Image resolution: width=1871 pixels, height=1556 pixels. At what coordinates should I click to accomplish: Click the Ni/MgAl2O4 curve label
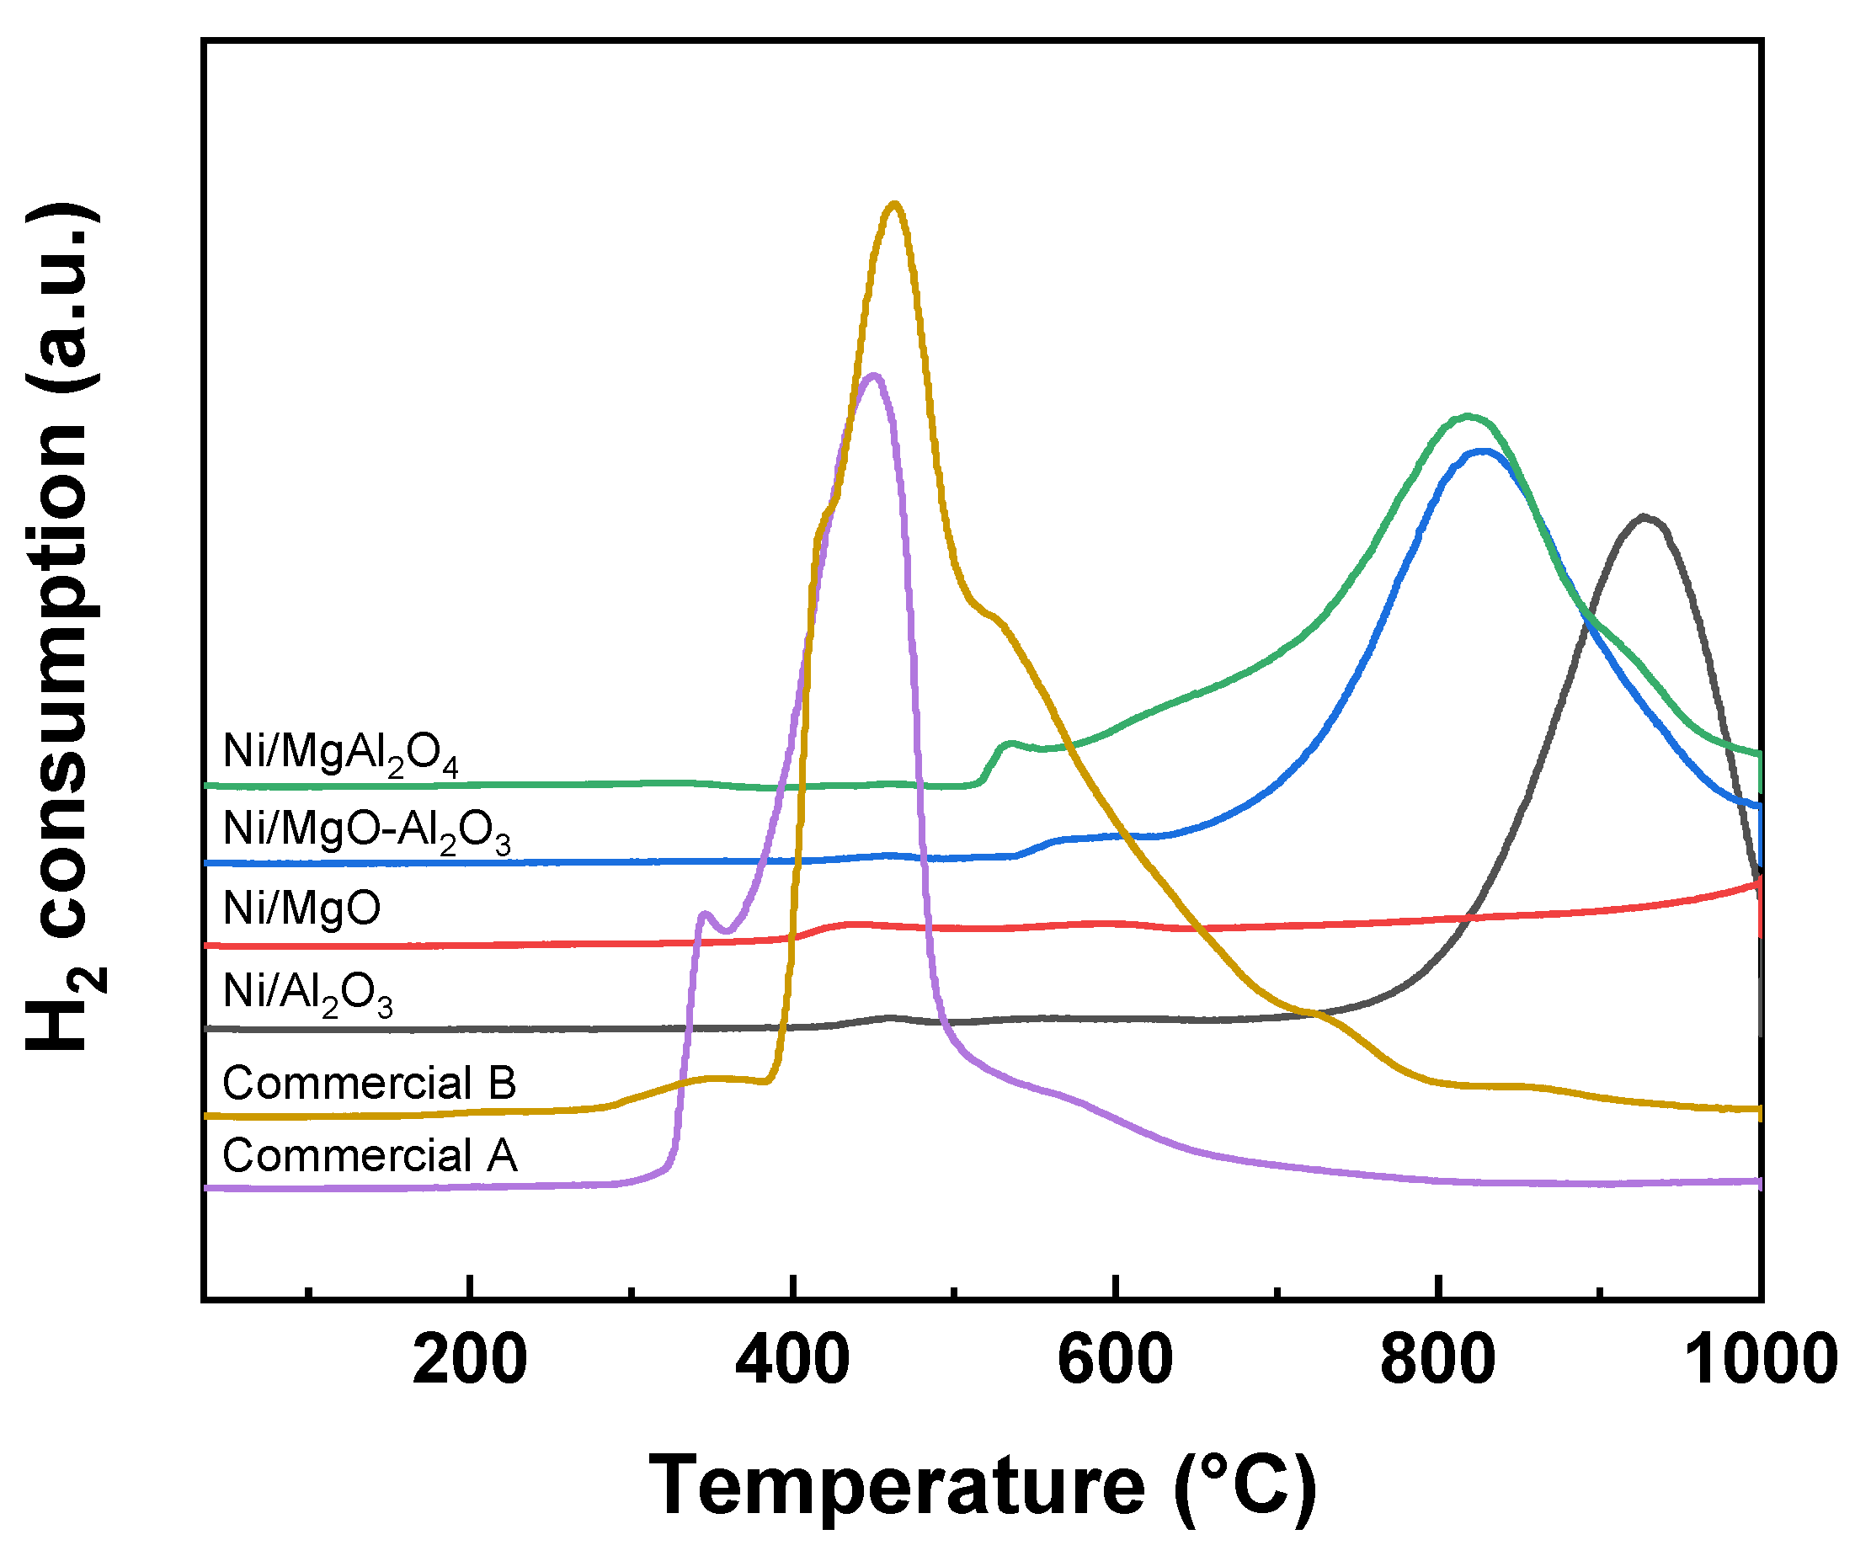tap(340, 754)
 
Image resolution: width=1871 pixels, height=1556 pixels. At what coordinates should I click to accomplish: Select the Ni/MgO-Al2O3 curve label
tap(366, 831)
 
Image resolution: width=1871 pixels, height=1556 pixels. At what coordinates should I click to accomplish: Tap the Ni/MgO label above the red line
tap(301, 909)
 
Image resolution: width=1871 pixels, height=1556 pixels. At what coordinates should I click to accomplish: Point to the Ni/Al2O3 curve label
tap(307, 991)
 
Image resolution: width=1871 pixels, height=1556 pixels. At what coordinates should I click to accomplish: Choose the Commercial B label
tap(369, 1083)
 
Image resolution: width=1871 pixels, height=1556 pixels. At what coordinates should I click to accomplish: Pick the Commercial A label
tap(369, 1155)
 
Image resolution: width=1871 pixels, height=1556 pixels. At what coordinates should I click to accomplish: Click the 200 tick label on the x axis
tap(470, 1361)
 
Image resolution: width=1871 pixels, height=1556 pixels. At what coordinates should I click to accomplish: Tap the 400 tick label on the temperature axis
tap(792, 1361)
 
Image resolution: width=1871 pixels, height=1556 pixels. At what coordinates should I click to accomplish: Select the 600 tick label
tap(1115, 1361)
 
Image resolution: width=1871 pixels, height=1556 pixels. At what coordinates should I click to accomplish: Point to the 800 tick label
tap(1437, 1361)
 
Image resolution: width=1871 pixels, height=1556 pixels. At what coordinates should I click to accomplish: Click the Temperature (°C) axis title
tap(982, 1484)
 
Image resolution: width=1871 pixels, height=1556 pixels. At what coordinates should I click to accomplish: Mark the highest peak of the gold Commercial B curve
tap(894, 204)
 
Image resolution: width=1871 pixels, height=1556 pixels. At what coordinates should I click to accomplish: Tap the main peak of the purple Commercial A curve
tap(874, 375)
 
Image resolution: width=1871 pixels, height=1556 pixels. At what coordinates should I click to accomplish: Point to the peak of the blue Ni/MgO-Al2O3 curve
tap(1484, 450)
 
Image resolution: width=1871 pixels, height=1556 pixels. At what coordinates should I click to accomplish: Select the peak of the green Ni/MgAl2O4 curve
tap(1468, 416)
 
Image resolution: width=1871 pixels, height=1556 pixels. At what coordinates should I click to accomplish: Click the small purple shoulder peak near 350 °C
tap(705, 913)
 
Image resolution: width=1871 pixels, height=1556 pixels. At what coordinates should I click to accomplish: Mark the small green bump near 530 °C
tap(1009, 743)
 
